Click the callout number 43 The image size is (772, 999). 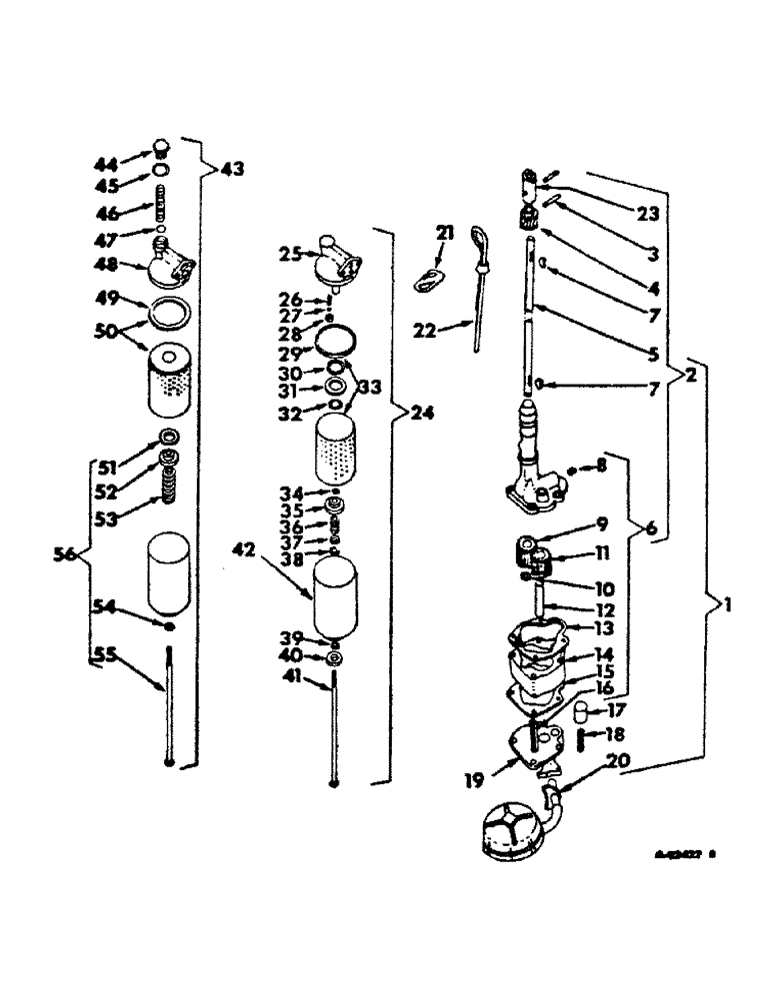231,170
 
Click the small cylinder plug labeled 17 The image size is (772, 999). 577,712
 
